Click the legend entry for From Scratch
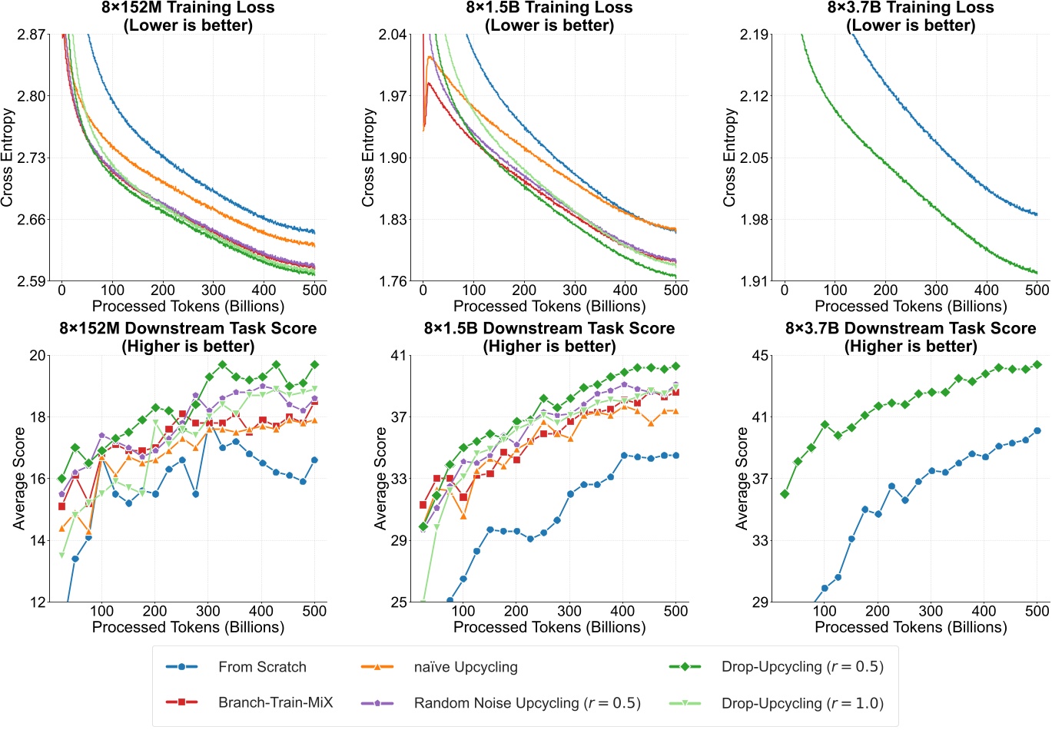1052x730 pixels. click(x=261, y=667)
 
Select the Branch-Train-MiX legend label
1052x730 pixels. click(x=275, y=703)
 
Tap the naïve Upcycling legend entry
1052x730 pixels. click(x=465, y=667)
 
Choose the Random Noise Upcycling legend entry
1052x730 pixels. click(x=526, y=703)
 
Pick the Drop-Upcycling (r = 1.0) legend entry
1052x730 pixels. click(x=801, y=703)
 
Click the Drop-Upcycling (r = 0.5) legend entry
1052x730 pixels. click(x=801, y=667)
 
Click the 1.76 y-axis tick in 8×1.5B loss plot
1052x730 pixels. click(x=392, y=281)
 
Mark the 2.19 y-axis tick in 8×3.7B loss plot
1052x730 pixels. click(x=754, y=35)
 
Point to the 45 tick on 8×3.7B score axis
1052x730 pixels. click(x=762, y=356)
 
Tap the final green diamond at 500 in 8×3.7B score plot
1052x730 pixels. click(x=1037, y=364)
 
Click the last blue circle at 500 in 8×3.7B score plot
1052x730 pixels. click(x=1037, y=431)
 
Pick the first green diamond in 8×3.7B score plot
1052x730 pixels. click(x=785, y=494)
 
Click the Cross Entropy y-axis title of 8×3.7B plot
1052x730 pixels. click(x=729, y=158)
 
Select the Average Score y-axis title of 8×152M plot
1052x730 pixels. click(x=19, y=479)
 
